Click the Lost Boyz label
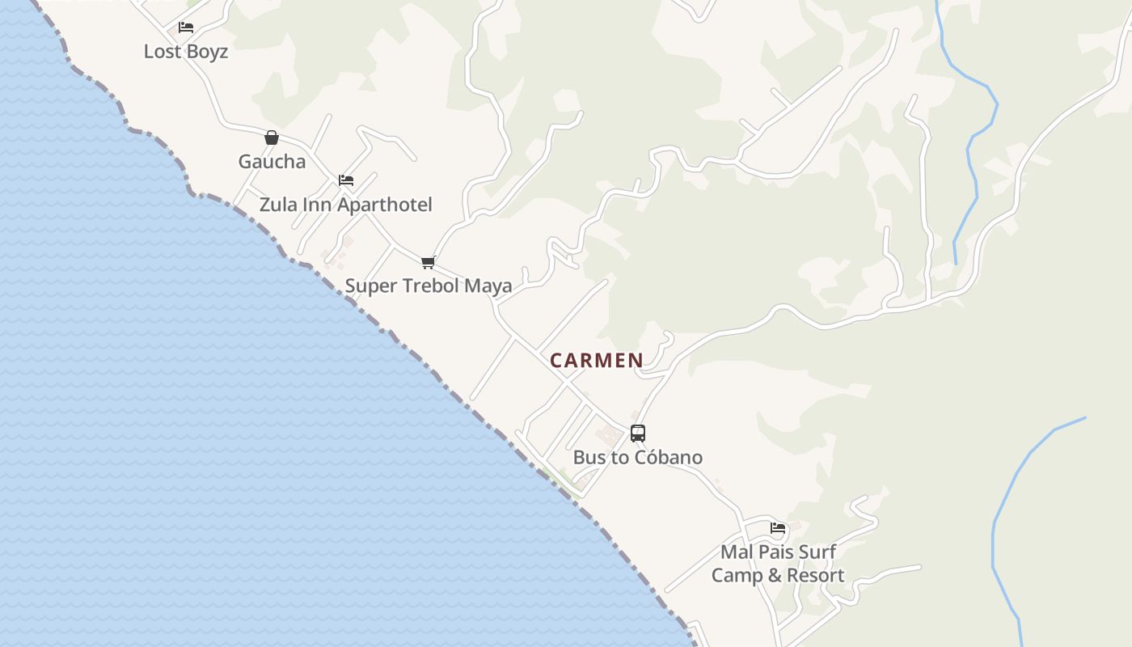(186, 52)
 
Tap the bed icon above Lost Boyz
(186, 27)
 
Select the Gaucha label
(272, 162)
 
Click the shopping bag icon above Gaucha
(272, 137)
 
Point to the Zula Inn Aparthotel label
(346, 205)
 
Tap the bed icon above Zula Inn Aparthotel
(346, 180)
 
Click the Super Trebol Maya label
(429, 285)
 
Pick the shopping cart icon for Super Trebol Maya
(429, 262)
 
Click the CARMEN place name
(597, 361)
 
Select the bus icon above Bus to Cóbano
(638, 433)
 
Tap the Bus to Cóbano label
(638, 457)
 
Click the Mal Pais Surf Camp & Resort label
(778, 564)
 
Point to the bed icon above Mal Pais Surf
(778, 528)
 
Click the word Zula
(278, 205)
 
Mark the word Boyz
(208, 52)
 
